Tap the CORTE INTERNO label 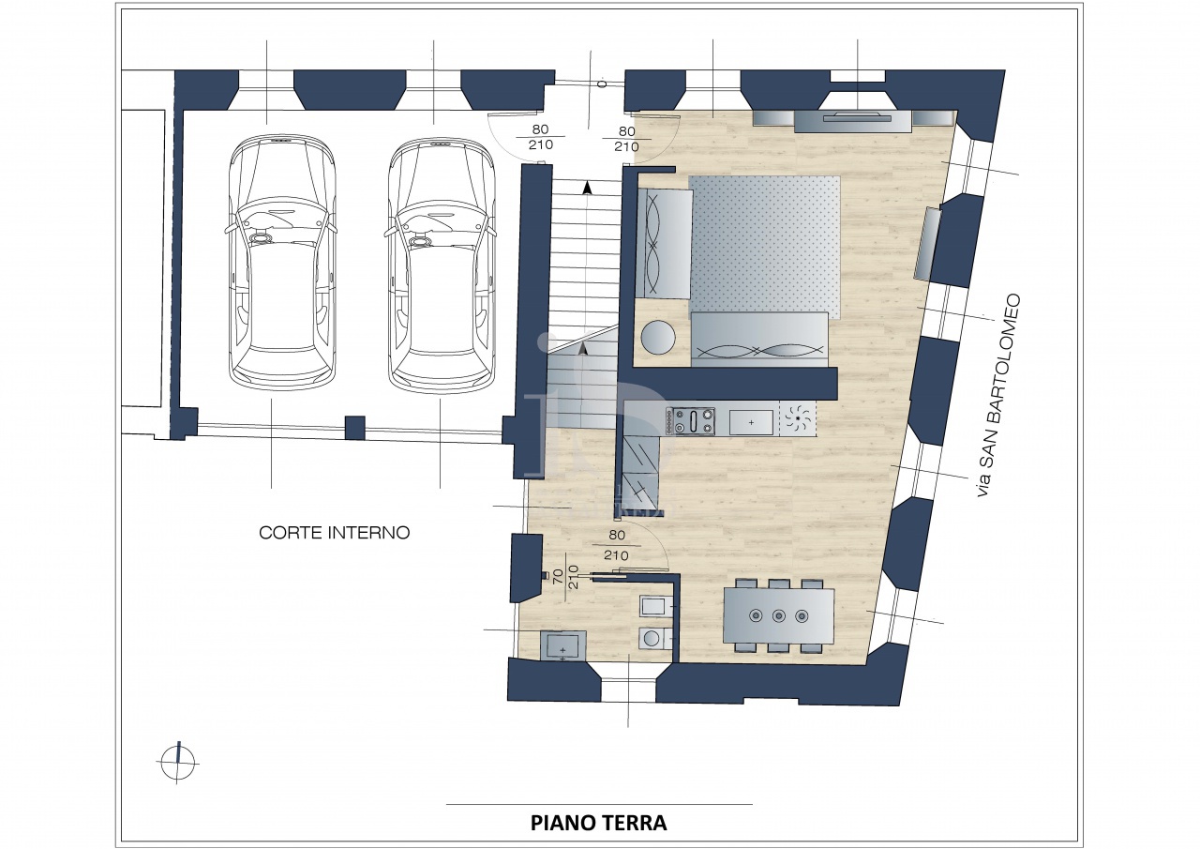coord(335,533)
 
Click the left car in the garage coord(282,262)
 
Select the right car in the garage coord(441,264)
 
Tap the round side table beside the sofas coord(658,337)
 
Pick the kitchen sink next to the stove coord(751,422)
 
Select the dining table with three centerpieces coord(779,615)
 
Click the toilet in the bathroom coord(654,638)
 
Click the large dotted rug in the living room coord(764,247)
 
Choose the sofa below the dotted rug coord(758,340)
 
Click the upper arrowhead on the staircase coord(588,188)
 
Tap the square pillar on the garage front coord(354,428)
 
